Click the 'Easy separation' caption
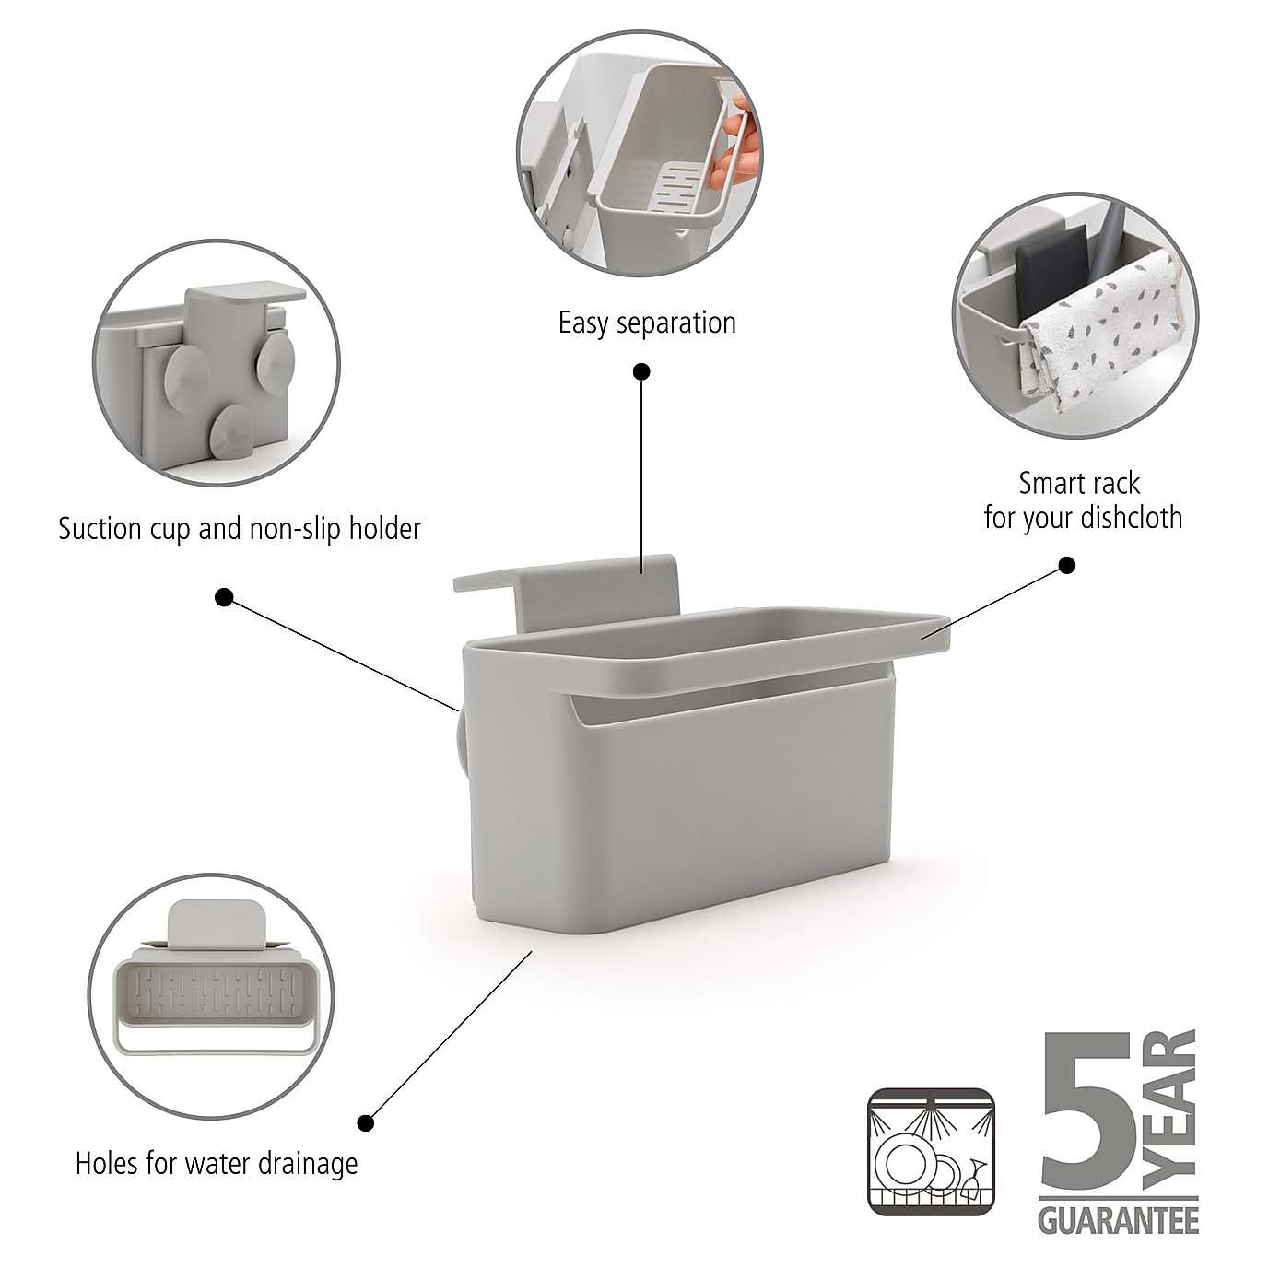point(647,323)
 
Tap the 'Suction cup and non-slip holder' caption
point(239,529)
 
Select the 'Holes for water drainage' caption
point(217,1163)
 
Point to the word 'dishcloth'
point(1131,517)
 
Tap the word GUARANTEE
point(1118,1222)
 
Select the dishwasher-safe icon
point(932,1152)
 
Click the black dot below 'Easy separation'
point(641,371)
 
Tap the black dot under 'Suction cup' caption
point(223,597)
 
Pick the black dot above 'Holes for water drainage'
point(366,1122)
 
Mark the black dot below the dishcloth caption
point(1067,565)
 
